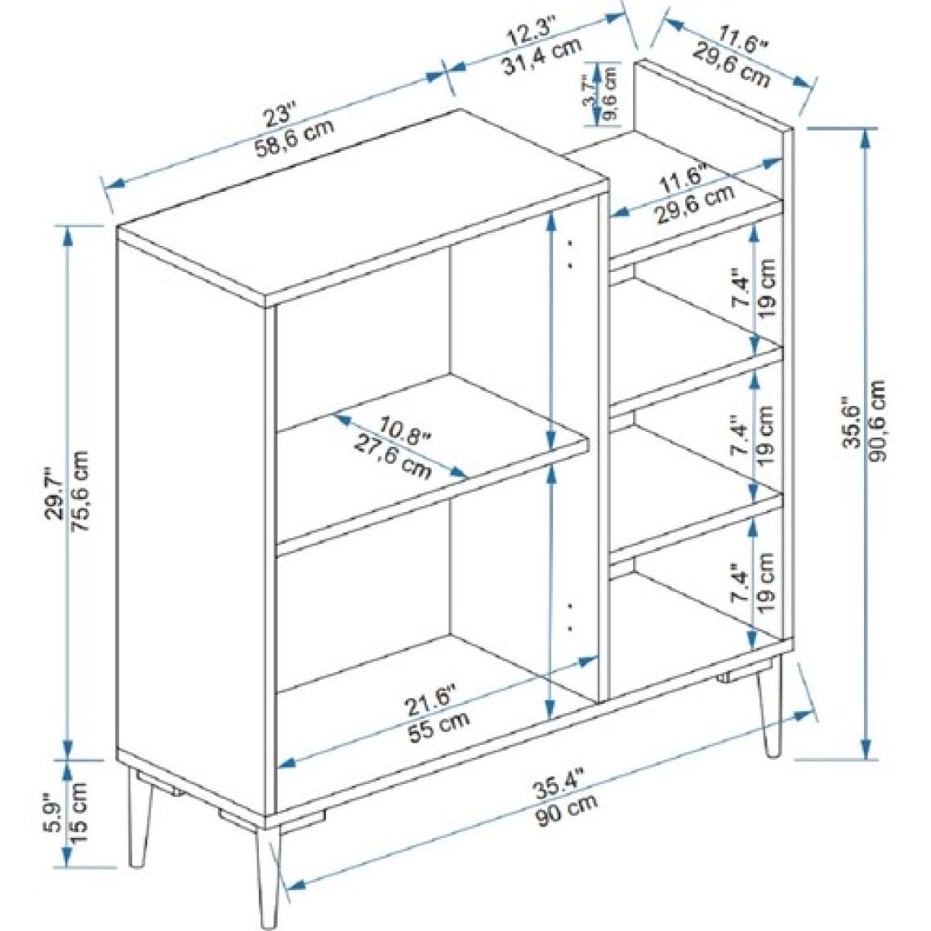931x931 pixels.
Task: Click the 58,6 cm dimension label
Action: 295,137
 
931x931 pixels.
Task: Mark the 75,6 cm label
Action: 80,491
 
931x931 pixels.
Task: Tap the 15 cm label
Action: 80,813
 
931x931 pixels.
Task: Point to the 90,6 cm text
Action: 878,421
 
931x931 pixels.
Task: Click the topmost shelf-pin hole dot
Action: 571,243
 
